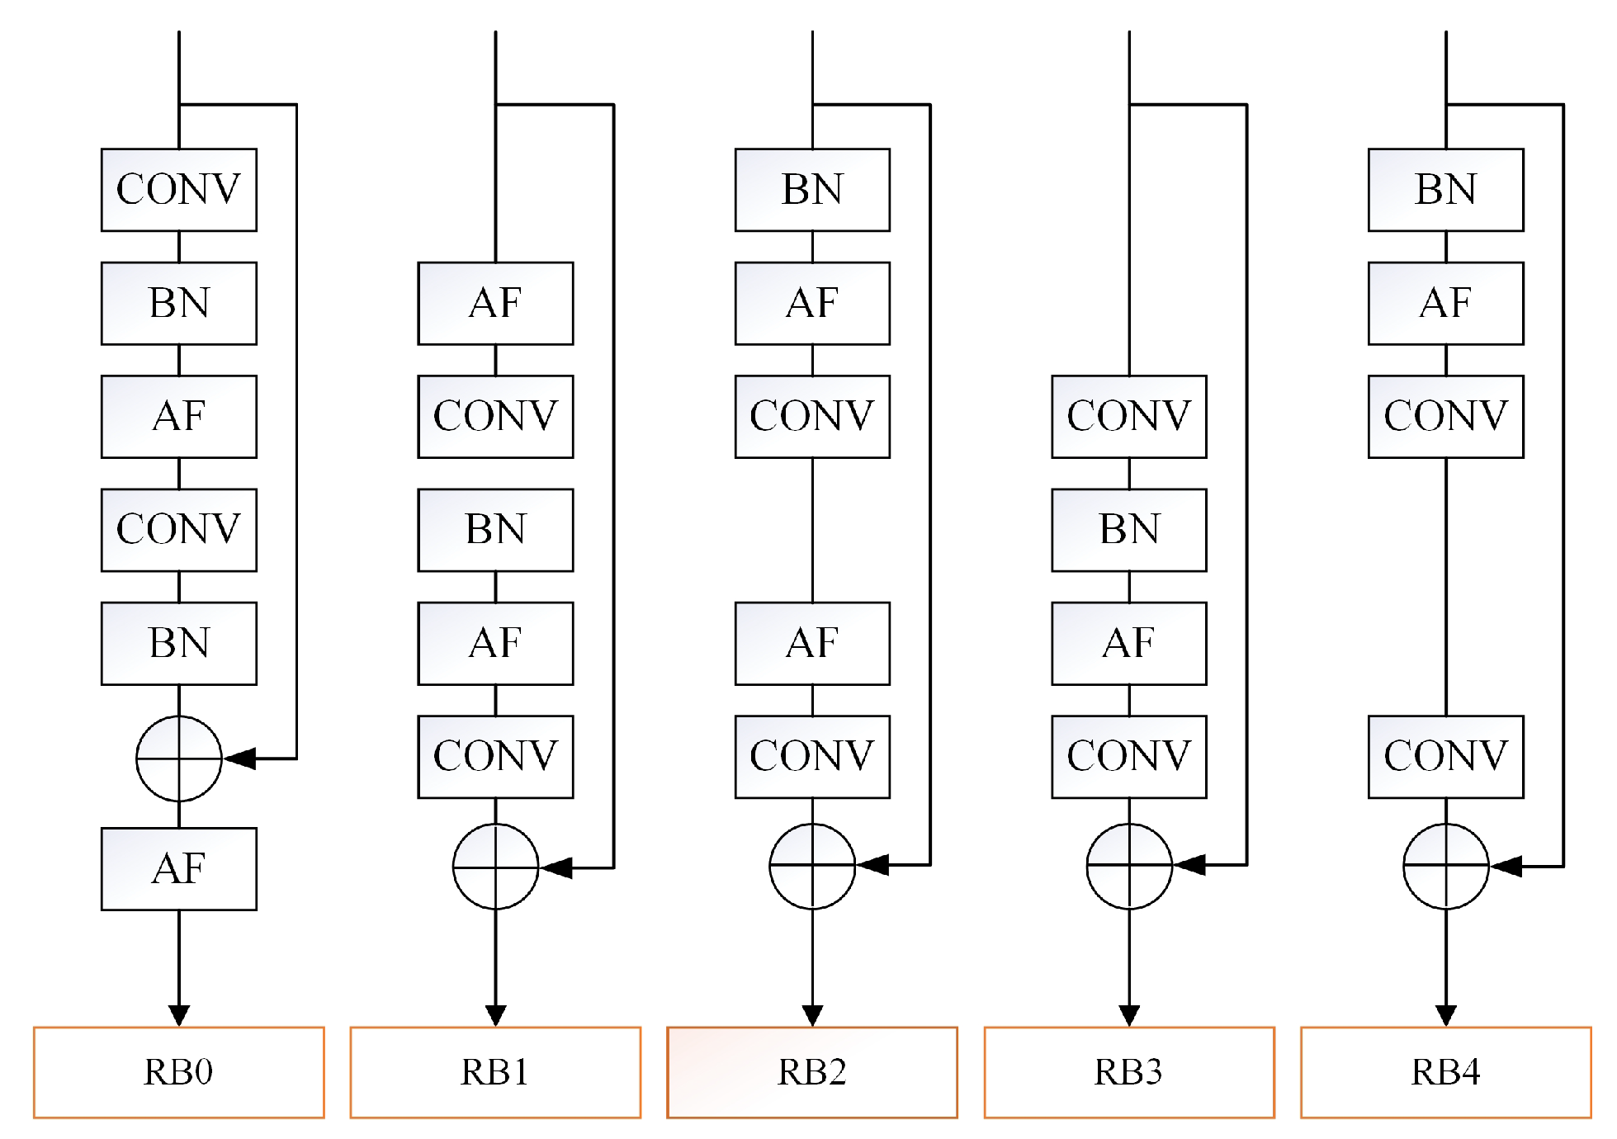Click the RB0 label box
click(x=178, y=1071)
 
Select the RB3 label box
click(x=1128, y=1071)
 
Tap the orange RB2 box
click(x=811, y=1071)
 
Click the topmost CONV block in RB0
click(x=178, y=189)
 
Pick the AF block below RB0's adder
click(x=178, y=868)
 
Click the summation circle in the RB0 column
click(x=178, y=758)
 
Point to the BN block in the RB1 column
click(x=495, y=529)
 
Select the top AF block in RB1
click(x=495, y=303)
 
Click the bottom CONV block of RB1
click(x=495, y=756)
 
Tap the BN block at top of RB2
click(x=811, y=189)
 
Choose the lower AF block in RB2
click(x=811, y=643)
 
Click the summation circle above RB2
click(x=811, y=865)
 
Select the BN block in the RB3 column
click(x=1128, y=529)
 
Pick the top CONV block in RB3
click(x=1128, y=416)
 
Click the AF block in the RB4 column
click(x=1445, y=303)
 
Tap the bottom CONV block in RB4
click(x=1445, y=756)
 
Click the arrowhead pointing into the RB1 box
click(x=495, y=1015)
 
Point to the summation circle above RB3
click(x=1128, y=865)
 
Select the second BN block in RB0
click(x=178, y=643)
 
